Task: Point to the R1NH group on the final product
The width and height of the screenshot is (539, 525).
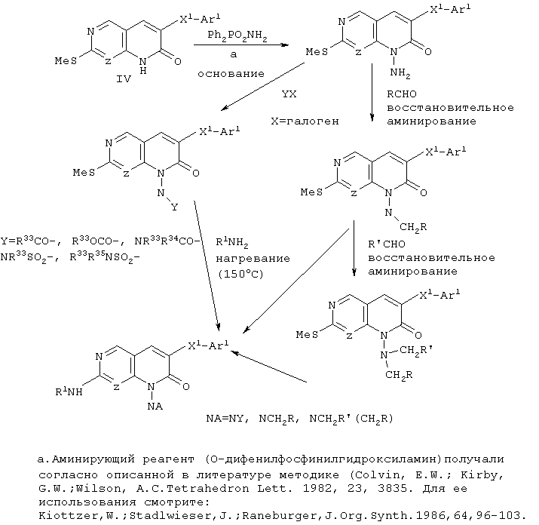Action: coord(72,392)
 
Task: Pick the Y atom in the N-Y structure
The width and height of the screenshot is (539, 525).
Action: coord(175,207)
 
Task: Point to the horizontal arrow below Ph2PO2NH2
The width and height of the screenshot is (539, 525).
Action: coord(240,46)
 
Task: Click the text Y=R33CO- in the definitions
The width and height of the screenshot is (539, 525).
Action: coord(29,241)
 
